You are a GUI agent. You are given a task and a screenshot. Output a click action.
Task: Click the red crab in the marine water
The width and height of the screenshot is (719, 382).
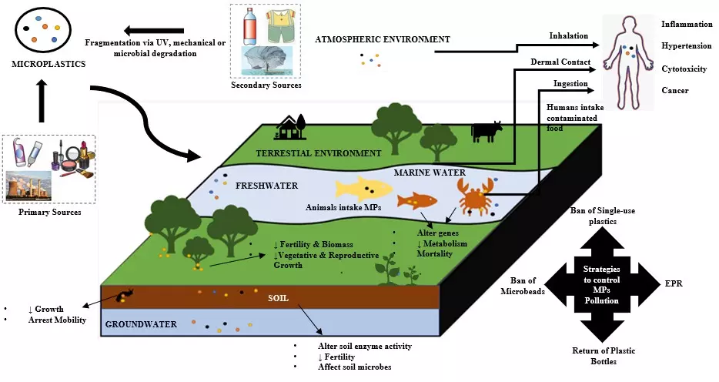point(474,196)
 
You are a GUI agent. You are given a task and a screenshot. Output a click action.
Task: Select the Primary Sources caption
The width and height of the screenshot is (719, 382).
point(50,212)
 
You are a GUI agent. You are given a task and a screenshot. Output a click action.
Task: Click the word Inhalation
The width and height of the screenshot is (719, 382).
point(568,35)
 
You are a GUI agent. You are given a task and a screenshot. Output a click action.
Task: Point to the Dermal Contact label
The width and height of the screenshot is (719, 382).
point(560,62)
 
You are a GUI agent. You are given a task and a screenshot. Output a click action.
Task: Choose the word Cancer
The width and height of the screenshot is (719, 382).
point(674,91)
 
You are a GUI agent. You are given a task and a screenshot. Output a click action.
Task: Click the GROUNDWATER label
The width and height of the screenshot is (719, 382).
point(142,324)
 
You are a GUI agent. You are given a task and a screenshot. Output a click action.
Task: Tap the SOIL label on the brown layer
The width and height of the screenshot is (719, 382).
point(278,297)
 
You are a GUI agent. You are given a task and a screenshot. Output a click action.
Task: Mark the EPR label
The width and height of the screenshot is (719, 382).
point(674,283)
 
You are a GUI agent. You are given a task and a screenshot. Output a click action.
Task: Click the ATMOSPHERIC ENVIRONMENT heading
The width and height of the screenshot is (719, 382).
point(383,39)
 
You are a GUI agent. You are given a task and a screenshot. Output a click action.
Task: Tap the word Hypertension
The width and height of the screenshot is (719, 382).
point(687,46)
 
